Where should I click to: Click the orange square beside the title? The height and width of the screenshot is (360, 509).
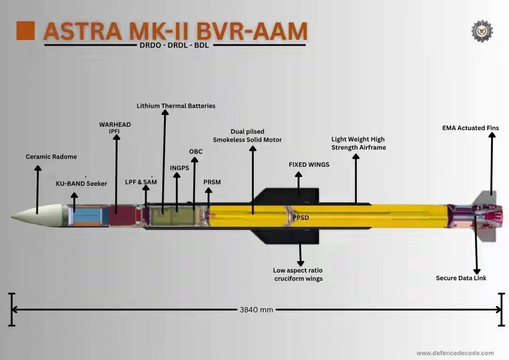point(25,31)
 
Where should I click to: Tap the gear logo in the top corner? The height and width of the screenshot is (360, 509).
point(482,31)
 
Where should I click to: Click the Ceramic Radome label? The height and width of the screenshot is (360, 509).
point(51,156)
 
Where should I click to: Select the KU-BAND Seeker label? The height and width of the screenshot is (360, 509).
point(82,183)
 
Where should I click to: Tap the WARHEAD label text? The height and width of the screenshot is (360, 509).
point(115,124)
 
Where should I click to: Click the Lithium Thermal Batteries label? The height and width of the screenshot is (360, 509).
point(176,106)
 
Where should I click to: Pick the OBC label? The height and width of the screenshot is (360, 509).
point(196,151)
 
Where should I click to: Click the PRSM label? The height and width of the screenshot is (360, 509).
point(212,182)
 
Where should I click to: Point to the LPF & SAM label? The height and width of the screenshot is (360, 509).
point(141,182)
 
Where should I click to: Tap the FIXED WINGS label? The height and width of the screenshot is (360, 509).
point(309,164)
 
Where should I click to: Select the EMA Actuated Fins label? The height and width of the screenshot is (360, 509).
point(470,128)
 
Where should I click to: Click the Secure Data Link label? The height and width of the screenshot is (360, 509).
point(461,278)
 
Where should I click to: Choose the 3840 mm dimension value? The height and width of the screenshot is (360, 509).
point(256,310)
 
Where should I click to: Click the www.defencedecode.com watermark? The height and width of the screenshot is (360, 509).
point(455,352)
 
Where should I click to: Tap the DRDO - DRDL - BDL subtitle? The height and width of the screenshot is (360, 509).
point(174,46)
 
